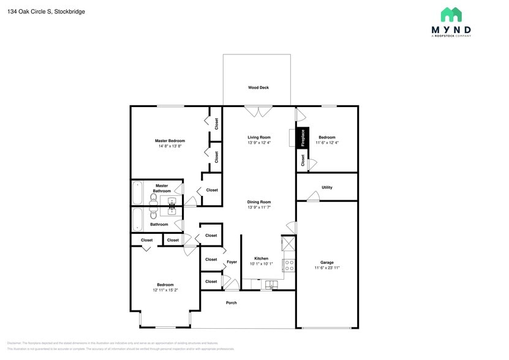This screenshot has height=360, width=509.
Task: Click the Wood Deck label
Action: (x=258, y=88)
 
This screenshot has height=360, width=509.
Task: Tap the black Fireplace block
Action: (x=302, y=138)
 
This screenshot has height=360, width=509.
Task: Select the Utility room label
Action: (x=327, y=187)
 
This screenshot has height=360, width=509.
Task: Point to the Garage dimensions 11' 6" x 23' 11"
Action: (x=327, y=268)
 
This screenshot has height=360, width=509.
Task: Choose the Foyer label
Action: (x=232, y=262)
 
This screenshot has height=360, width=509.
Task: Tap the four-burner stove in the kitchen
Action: (x=288, y=265)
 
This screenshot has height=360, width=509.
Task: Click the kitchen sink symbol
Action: (x=270, y=284)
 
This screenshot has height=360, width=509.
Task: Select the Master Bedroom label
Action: (x=170, y=141)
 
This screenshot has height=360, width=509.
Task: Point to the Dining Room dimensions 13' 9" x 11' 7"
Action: (x=258, y=208)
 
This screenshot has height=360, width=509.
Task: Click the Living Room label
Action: (x=258, y=137)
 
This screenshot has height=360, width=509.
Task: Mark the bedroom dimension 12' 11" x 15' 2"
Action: (x=165, y=290)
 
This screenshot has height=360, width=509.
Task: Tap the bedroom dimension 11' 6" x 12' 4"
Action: (x=327, y=143)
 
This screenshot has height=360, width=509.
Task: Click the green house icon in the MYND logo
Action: (x=451, y=14)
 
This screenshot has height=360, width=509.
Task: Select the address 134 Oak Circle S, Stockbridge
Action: (x=47, y=11)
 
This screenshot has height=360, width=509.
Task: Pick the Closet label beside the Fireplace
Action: (x=303, y=160)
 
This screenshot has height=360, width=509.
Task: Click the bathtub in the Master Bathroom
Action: (x=138, y=193)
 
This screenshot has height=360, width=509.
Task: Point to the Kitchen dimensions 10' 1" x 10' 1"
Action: (x=261, y=264)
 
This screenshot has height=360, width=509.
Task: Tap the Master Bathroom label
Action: (x=162, y=188)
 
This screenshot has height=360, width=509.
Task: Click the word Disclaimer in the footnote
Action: (x=13, y=343)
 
